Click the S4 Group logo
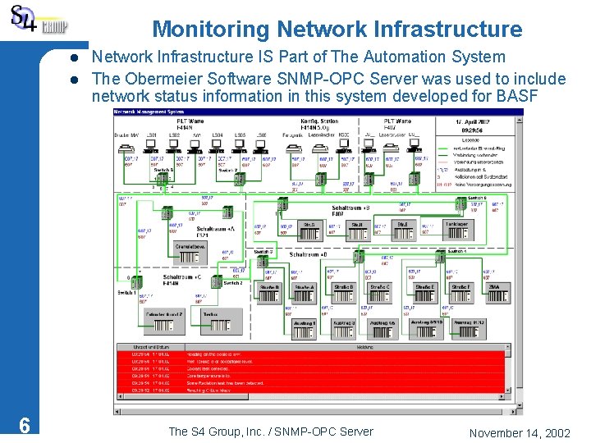tap(37, 21)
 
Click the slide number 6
tap(25, 425)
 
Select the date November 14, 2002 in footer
tap(520, 432)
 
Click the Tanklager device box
tap(456, 224)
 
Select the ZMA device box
tap(494, 287)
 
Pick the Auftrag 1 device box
tap(304, 323)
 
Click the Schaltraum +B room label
tap(350, 208)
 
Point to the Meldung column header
tap(364, 347)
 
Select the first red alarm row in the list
tap(312, 354)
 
